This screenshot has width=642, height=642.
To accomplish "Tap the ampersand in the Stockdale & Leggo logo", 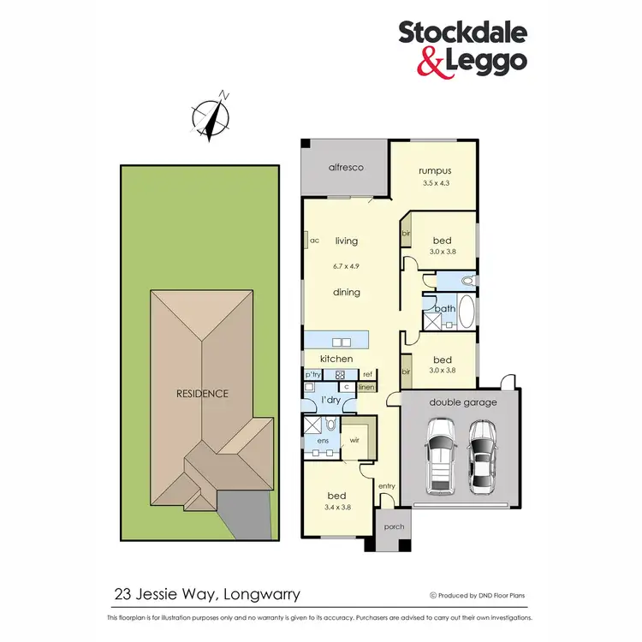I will [407, 60].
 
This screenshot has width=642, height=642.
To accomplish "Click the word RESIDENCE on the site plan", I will [203, 394].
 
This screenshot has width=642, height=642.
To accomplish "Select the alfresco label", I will [347, 168].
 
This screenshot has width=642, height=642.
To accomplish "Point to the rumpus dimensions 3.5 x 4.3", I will [434, 183].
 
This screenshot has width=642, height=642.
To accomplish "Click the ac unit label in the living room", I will [314, 241].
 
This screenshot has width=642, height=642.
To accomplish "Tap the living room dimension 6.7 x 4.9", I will [347, 266].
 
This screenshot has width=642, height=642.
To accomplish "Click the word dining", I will [347, 292].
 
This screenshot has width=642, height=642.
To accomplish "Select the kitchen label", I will [336, 359].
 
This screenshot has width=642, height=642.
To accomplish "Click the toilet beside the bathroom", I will [467, 280].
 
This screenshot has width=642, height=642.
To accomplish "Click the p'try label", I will [312, 375].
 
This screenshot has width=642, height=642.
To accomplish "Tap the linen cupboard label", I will [366, 387].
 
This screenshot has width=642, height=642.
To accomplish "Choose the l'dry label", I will [330, 401].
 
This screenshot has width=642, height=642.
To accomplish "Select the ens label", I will [324, 441].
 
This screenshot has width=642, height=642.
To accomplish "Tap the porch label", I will [394, 526].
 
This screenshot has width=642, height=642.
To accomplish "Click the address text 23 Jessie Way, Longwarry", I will [207, 592].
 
